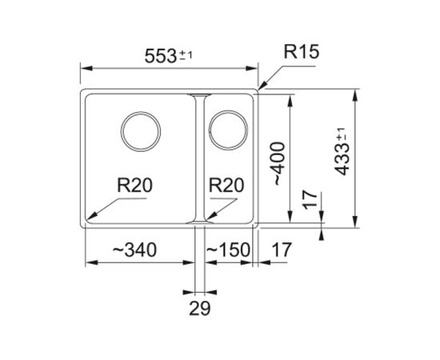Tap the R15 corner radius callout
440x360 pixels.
pos(302,52)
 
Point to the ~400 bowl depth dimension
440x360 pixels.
pos(278,163)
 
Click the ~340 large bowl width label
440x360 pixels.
pos(134,250)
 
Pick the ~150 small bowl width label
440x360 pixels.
pos(228,250)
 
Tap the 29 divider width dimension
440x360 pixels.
pos(200,308)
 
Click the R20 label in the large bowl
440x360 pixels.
pos(134,186)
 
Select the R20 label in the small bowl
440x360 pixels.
pos(226,186)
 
